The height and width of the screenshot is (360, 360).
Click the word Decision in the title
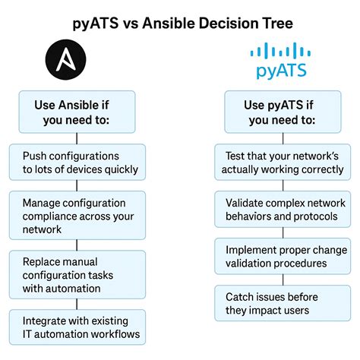click(x=224, y=22)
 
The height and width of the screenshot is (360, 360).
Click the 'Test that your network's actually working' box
click(x=279, y=162)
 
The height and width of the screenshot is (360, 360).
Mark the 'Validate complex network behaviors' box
click(x=279, y=209)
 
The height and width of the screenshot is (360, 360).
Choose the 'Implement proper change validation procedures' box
click(x=279, y=256)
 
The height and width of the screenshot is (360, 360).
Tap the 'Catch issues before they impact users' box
click(x=279, y=303)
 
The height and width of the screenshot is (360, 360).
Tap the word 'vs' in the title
click(x=129, y=22)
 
